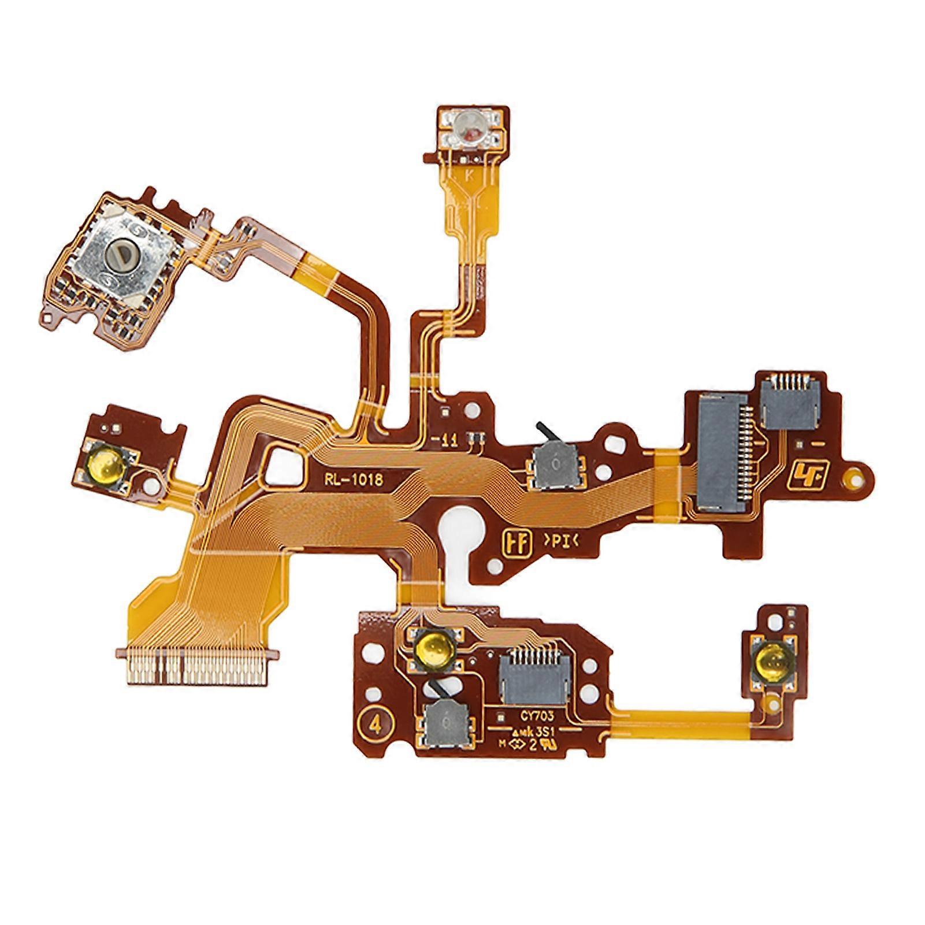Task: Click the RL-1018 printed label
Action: point(354,478)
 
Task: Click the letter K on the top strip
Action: point(468,178)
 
